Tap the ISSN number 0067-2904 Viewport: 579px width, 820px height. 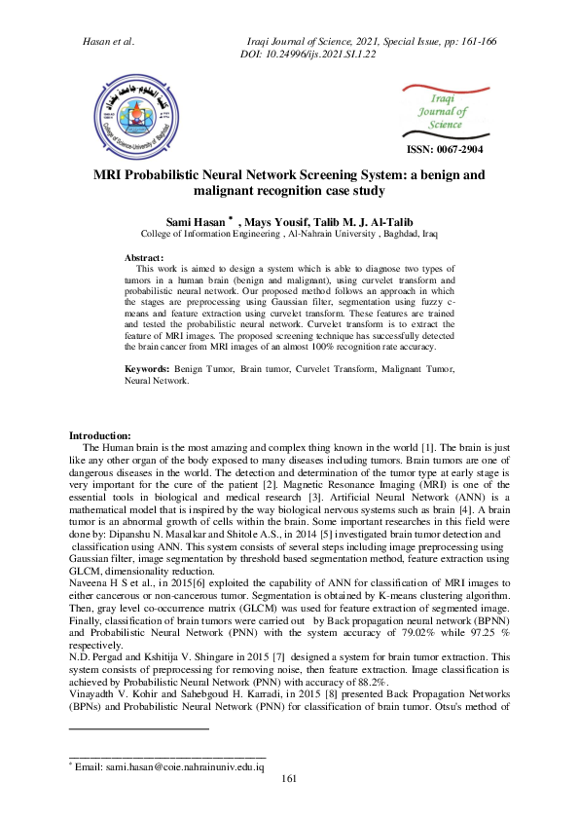444,149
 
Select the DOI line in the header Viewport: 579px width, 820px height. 307,55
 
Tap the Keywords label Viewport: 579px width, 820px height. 147,371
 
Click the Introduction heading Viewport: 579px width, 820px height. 100,434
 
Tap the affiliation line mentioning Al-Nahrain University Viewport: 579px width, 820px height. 289,235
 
